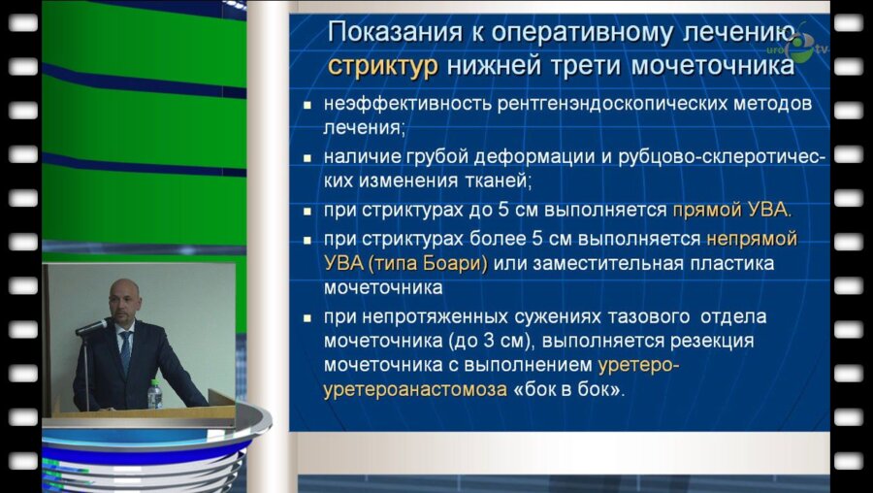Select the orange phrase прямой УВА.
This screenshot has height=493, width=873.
pos(732,209)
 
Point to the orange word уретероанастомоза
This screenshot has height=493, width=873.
pos(414,389)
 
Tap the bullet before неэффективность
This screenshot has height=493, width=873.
pos(307,104)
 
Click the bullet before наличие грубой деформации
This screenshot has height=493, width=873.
pos(307,158)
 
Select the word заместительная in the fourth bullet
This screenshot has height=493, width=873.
pos(593,263)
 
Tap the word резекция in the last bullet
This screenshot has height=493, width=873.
pos(717,342)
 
